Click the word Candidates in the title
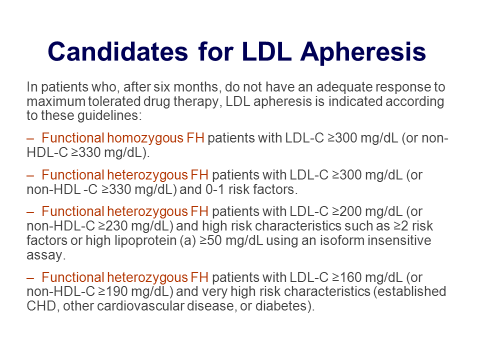[x=117, y=51]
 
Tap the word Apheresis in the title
[x=363, y=52]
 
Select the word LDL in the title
[x=266, y=51]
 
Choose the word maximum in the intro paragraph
[x=56, y=101]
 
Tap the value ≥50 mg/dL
[x=231, y=240]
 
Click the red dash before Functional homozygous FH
[x=30, y=139]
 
